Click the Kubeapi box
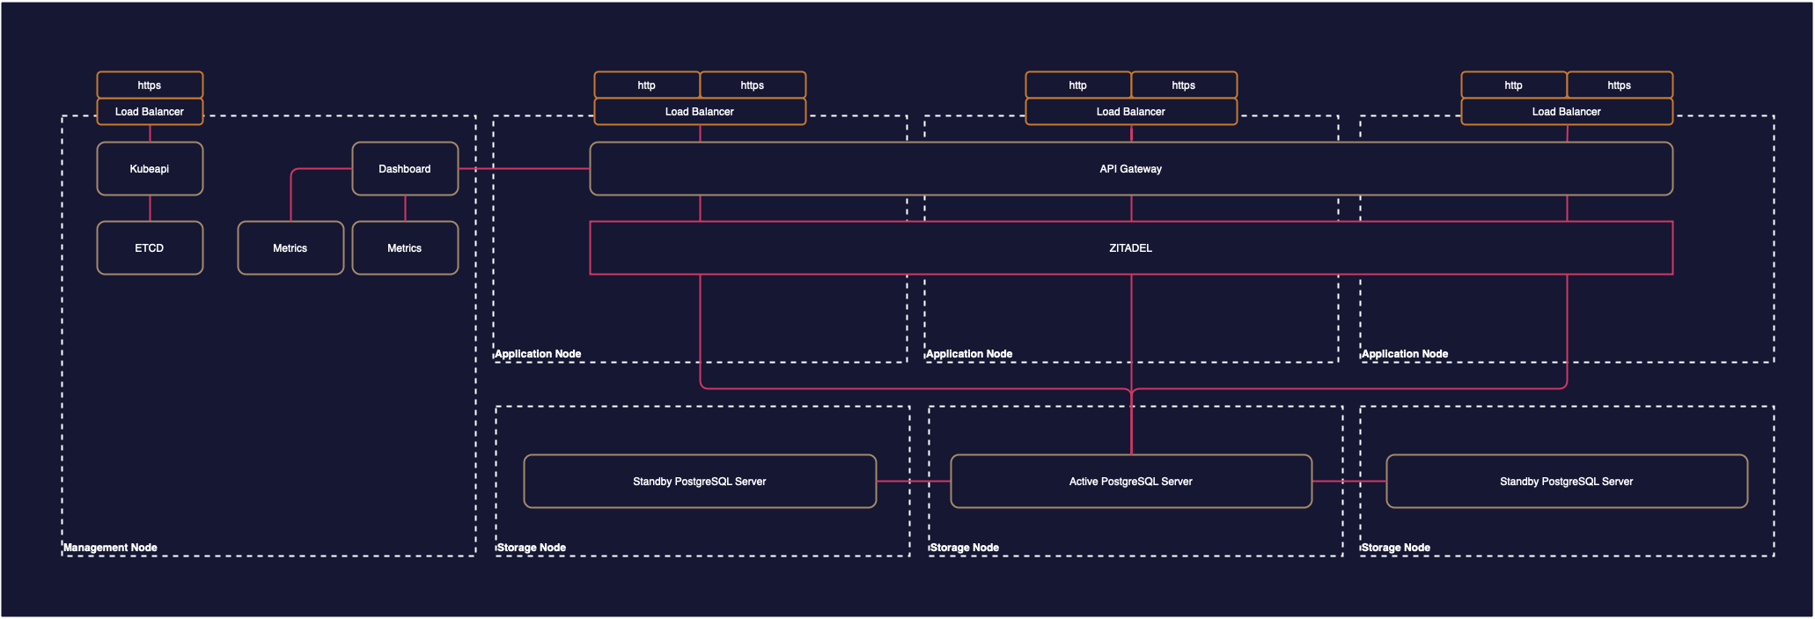tap(150, 168)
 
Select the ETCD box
tap(150, 247)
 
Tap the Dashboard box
tap(405, 168)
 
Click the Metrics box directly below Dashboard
tap(405, 247)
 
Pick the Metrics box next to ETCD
tap(290, 247)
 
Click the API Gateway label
tap(1130, 168)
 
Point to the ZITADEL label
tap(1130, 247)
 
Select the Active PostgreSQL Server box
tap(1130, 481)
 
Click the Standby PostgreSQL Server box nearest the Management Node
tap(700, 481)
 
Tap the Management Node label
tap(110, 547)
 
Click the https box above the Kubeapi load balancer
tap(150, 85)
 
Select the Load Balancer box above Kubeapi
tap(150, 111)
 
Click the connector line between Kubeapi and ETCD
tap(150, 208)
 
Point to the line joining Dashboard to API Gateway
tap(524, 168)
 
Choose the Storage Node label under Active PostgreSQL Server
tap(964, 547)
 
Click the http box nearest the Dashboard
tap(647, 85)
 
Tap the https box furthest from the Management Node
tap(1619, 85)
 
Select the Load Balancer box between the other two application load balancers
tap(1130, 111)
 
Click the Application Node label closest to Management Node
tap(538, 353)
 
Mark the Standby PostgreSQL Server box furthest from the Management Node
tap(1566, 481)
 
